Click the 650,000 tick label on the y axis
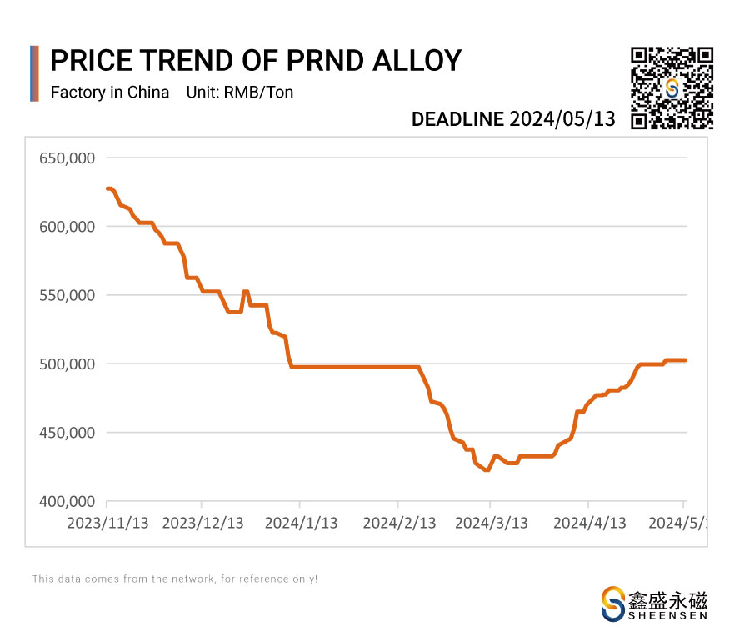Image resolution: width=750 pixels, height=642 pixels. click(67, 158)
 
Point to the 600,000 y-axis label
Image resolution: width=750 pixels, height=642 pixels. click(67, 227)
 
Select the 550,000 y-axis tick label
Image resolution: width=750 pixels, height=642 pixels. click(67, 295)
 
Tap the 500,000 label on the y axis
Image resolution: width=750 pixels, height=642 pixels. click(67, 364)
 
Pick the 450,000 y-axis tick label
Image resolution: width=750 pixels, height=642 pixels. click(67, 433)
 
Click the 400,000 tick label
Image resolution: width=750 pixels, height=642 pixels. click(67, 502)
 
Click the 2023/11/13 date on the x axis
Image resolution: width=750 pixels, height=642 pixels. click(107, 523)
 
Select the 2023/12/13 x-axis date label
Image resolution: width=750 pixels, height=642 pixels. click(202, 523)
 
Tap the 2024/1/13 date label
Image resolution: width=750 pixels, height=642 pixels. click(301, 523)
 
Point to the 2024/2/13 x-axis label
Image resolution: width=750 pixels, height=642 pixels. click(399, 523)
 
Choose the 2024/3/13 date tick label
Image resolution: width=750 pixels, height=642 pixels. click(492, 523)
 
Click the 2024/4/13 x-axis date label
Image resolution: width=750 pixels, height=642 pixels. click(590, 523)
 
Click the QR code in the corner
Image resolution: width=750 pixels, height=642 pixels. click(672, 88)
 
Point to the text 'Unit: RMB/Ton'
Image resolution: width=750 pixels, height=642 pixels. click(240, 92)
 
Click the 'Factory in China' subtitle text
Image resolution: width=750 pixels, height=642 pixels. click(110, 92)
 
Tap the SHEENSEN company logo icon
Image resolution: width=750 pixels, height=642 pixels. click(613, 603)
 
